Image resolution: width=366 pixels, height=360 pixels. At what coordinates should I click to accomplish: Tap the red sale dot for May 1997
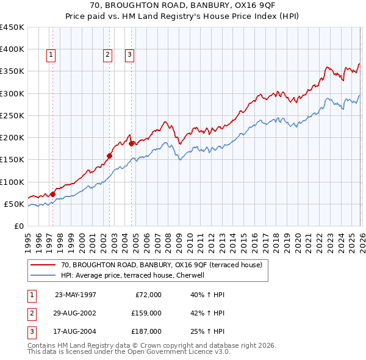[53, 194]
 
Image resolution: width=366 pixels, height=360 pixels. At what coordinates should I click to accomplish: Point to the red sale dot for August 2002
[110, 156]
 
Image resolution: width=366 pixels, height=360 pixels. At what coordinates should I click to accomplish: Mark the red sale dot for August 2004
[131, 143]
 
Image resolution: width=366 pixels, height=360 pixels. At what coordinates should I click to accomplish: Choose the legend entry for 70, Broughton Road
[161, 265]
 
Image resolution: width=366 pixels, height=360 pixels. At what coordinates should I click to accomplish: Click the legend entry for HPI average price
[136, 275]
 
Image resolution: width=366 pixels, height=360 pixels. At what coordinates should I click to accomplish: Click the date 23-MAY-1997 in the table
[75, 295]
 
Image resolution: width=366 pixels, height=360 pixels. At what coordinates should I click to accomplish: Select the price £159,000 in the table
[146, 313]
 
